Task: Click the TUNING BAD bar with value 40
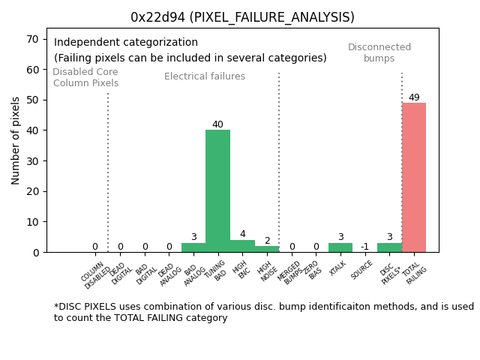pos(217,191)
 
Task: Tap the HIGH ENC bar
pos(242,246)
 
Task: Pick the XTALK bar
pos(340,247)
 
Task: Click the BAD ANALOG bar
pos(193,247)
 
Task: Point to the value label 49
pos(414,97)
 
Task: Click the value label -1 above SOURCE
pos(364,247)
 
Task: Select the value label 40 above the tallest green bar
pos(217,124)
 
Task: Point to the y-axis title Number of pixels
pos(16,140)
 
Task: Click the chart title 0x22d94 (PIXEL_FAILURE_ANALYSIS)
pos(242,17)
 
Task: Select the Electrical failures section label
pos(205,76)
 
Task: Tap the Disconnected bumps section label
pos(379,52)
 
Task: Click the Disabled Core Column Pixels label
pos(85,77)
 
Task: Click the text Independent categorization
pos(126,43)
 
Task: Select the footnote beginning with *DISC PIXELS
pos(262,312)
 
